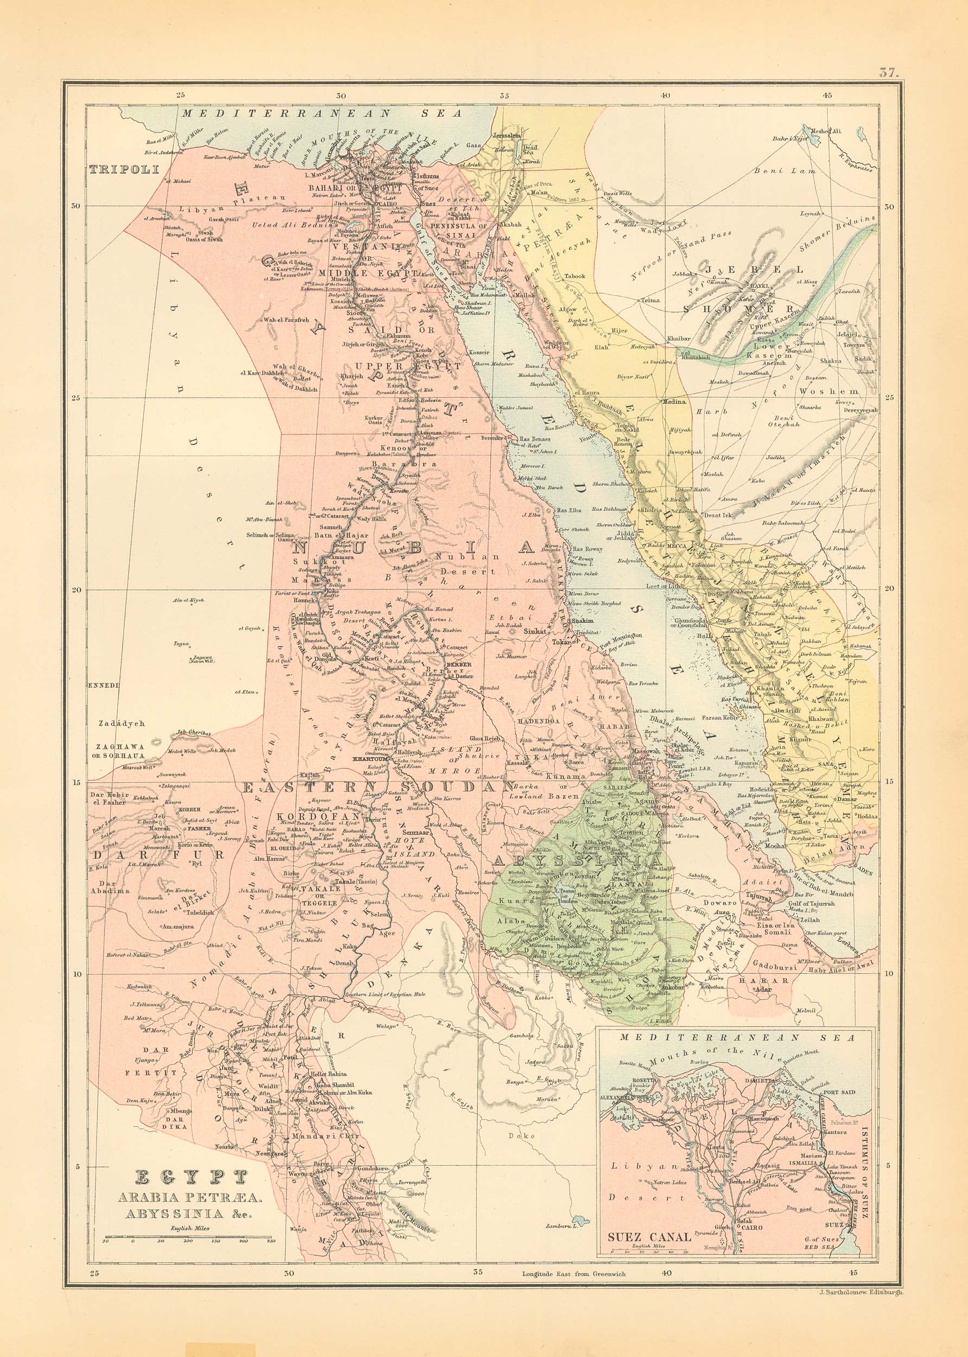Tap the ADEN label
[x=865, y=872]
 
